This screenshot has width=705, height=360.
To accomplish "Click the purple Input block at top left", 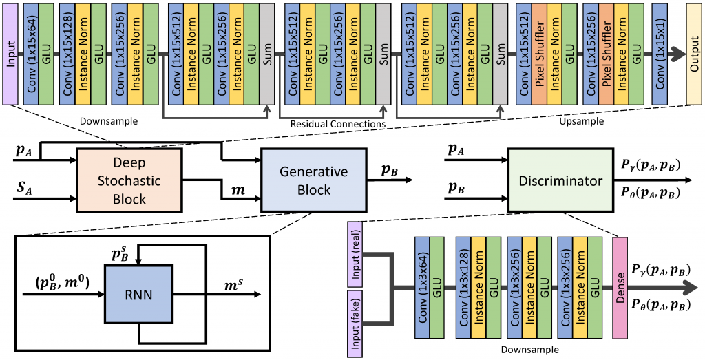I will point(10,53).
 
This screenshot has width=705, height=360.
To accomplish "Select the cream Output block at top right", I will point(694,53).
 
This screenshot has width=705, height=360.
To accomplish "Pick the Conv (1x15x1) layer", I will point(659,53).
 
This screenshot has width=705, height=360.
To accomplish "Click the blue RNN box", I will point(138,295).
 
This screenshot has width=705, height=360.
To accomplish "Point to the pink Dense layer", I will point(620,288).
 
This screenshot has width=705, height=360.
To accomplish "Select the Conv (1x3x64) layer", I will point(423,288).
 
